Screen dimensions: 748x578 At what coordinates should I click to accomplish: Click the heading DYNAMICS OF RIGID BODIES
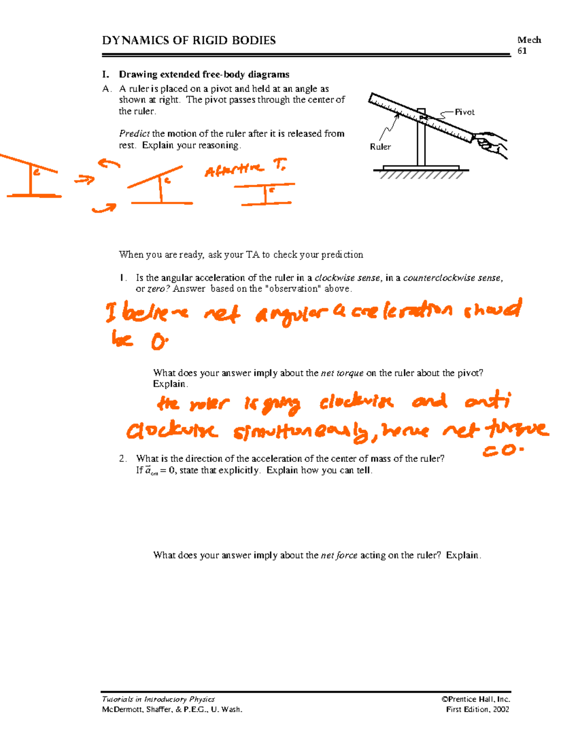click(189, 40)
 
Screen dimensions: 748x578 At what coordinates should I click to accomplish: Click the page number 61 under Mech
click(522, 51)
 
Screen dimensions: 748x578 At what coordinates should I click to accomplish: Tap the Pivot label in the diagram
click(464, 112)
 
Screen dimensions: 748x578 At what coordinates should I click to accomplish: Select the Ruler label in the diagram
click(380, 147)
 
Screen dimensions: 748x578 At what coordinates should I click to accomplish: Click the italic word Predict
click(134, 134)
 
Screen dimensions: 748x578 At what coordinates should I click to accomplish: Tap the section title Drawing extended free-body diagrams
click(204, 75)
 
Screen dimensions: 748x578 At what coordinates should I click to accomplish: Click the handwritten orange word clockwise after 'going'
click(356, 402)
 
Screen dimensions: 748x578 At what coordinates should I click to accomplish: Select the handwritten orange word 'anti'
click(487, 401)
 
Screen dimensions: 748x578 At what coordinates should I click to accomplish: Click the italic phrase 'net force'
click(339, 555)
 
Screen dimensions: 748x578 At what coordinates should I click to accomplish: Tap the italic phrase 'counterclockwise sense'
click(452, 278)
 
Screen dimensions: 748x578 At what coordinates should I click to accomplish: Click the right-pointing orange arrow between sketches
click(84, 181)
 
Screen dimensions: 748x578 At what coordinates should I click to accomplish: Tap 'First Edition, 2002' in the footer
click(477, 709)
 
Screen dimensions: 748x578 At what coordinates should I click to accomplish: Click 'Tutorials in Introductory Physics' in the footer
click(158, 699)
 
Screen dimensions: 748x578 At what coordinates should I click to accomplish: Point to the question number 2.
click(122, 459)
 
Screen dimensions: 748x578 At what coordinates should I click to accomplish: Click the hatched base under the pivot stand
click(421, 174)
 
